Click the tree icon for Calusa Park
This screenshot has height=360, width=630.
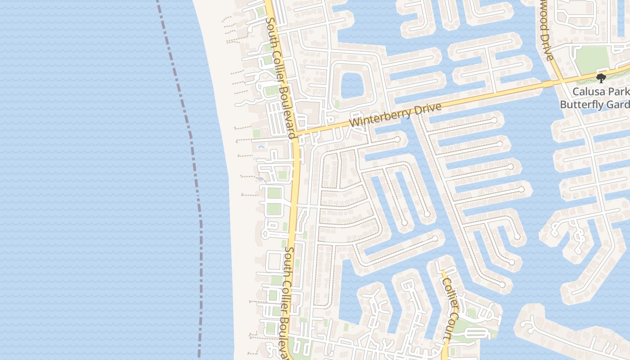[x=601, y=78]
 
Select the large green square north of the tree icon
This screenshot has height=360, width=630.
[x=592, y=58]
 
